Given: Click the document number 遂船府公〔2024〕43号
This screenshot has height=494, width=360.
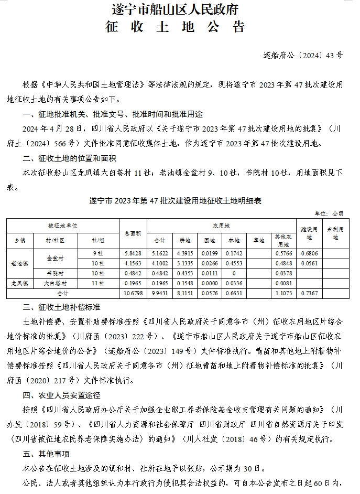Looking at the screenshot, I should pyautogui.click(x=303, y=55).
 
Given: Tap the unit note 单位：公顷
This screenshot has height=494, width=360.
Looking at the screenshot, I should pyautogui.click(x=329, y=213).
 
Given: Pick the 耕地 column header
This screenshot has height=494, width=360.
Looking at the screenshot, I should pyautogui.click(x=184, y=240).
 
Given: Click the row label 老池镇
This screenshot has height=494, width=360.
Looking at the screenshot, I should pyautogui.click(x=20, y=263).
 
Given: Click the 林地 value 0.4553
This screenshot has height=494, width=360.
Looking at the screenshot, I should pyautogui.click(x=235, y=263).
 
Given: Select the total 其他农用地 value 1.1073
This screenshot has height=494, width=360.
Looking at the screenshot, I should pyautogui.click(x=283, y=293).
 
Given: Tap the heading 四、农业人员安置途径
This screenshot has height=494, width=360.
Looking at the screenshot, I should pyautogui.click(x=62, y=394).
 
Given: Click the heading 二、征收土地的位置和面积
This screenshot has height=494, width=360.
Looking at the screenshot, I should pyautogui.click(x=69, y=158).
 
